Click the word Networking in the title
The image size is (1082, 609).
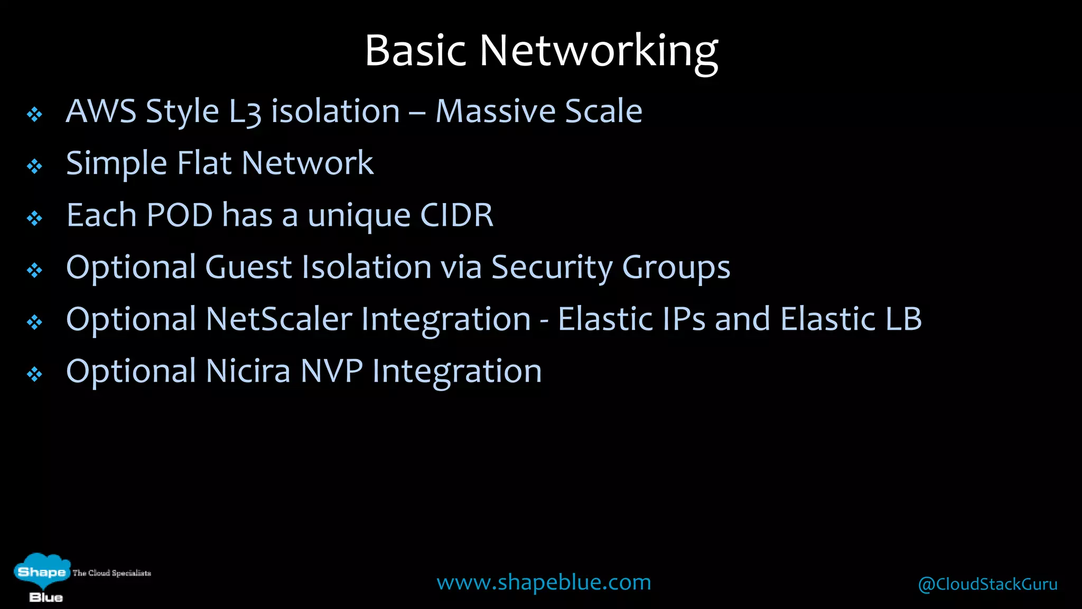point(599,51)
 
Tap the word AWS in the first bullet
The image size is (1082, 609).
point(101,112)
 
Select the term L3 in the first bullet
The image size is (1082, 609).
point(245,113)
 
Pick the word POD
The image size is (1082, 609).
point(179,215)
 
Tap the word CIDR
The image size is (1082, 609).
point(456,215)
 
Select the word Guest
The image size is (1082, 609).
point(248,267)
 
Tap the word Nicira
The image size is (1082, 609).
point(248,371)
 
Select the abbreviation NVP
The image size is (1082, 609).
point(331,371)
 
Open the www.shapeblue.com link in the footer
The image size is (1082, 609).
point(544,583)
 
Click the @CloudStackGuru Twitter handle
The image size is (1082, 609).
point(987,584)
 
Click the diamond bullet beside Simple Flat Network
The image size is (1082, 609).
point(35,167)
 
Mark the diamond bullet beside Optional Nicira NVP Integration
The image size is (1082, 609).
point(35,375)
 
